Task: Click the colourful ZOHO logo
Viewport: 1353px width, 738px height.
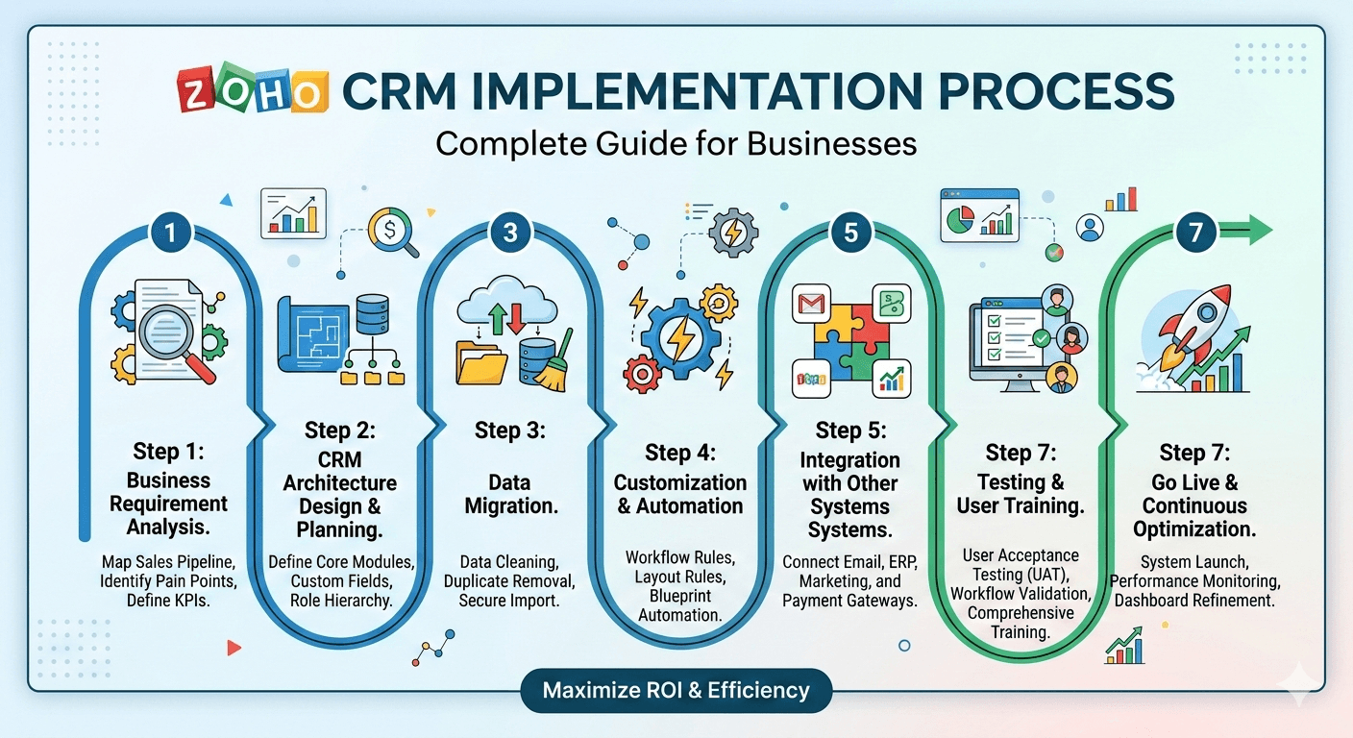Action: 252,92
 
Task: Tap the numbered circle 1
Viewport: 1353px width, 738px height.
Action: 170,232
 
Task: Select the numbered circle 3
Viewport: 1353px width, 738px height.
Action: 509,232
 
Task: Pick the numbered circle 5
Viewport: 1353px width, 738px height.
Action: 850,232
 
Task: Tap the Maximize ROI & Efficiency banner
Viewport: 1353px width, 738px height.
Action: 676,690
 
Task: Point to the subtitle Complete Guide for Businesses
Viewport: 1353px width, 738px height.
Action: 676,143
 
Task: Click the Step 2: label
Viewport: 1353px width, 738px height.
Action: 339,429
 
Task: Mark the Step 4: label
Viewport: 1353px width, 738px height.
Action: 679,451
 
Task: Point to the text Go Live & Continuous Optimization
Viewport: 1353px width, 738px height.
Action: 1194,505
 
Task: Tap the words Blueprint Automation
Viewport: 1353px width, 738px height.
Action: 679,605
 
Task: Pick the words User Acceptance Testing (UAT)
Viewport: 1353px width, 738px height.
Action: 1021,565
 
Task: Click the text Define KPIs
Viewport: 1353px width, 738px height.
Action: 169,601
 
